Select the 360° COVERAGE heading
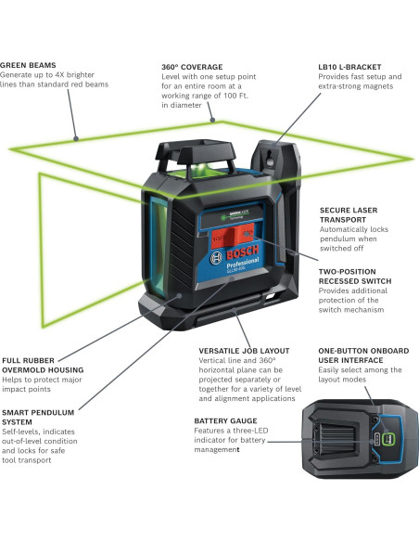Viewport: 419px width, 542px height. [192, 67]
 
